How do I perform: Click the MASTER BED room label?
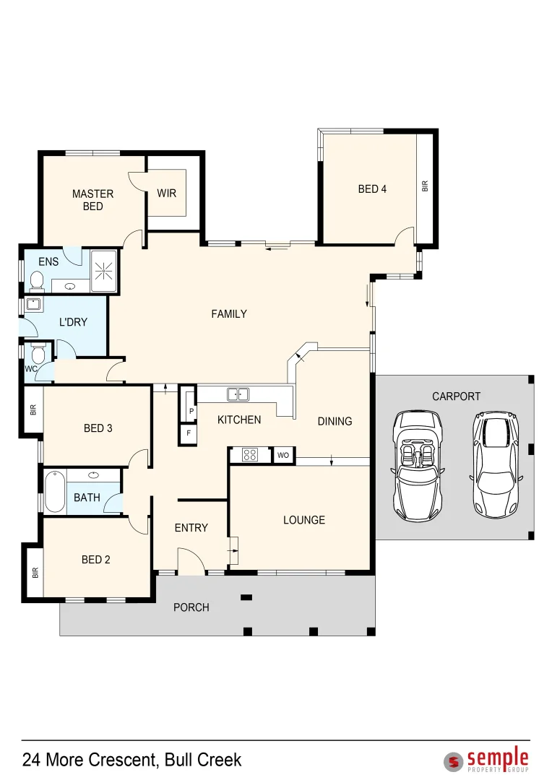click(92, 200)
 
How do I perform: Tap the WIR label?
click(166, 193)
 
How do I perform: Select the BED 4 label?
click(372, 189)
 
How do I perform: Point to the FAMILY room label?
click(229, 314)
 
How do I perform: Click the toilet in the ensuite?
click(37, 280)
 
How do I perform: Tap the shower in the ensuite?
click(104, 271)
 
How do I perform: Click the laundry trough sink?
click(35, 304)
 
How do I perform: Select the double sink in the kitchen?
click(238, 394)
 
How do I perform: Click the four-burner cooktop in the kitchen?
click(250, 455)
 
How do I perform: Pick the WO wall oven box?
click(283, 455)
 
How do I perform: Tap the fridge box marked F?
click(189, 433)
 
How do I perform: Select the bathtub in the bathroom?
click(55, 493)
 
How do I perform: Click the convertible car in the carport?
click(417, 466)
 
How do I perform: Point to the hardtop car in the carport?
click(496, 464)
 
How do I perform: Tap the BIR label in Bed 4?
click(425, 186)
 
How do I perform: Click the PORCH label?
click(191, 607)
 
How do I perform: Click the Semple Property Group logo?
click(486, 760)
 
